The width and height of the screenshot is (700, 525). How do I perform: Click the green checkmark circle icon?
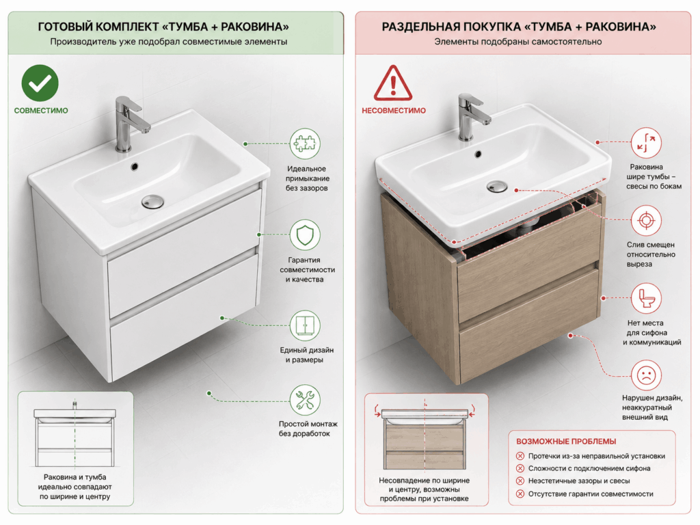40,83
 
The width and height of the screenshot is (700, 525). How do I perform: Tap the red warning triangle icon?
393,83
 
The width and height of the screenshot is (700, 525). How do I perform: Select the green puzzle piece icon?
305,144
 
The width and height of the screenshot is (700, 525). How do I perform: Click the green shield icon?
305,234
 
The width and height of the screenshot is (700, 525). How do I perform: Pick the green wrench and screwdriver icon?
305,399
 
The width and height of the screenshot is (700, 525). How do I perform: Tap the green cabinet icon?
305,325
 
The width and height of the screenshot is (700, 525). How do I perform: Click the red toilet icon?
646,298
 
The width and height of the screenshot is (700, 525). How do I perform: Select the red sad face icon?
646,375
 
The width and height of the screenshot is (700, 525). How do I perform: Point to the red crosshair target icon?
646,221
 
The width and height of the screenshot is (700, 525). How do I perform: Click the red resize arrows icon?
646,143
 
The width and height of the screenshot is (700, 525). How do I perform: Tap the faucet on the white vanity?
128,123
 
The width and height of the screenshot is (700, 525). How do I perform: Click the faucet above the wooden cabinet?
472,116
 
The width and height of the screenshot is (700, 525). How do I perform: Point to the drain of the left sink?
152,202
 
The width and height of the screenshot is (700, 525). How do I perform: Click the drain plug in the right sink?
497,186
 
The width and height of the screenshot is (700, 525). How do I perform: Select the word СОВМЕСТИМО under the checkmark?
41,111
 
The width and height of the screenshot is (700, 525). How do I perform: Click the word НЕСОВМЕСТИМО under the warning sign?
394,111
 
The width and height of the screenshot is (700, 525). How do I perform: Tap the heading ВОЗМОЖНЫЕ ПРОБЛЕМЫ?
566,442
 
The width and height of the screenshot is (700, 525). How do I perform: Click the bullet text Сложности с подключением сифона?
589,468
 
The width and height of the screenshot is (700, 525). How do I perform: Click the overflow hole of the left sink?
134,167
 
